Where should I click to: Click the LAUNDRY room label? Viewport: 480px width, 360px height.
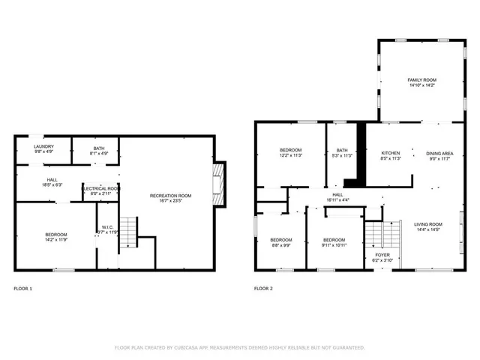point(43,147)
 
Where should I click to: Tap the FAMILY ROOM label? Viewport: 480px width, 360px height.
point(421,79)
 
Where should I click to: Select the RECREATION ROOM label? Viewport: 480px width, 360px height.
point(170,196)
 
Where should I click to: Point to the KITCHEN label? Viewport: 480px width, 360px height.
point(391,153)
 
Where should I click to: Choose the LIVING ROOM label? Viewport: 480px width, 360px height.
point(428,224)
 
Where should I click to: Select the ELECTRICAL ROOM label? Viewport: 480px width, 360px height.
point(100,188)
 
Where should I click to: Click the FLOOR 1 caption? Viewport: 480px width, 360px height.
point(23,289)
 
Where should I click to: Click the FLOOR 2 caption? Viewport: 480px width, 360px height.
point(263,289)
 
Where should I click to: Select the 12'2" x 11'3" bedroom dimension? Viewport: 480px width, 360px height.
point(291,156)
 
